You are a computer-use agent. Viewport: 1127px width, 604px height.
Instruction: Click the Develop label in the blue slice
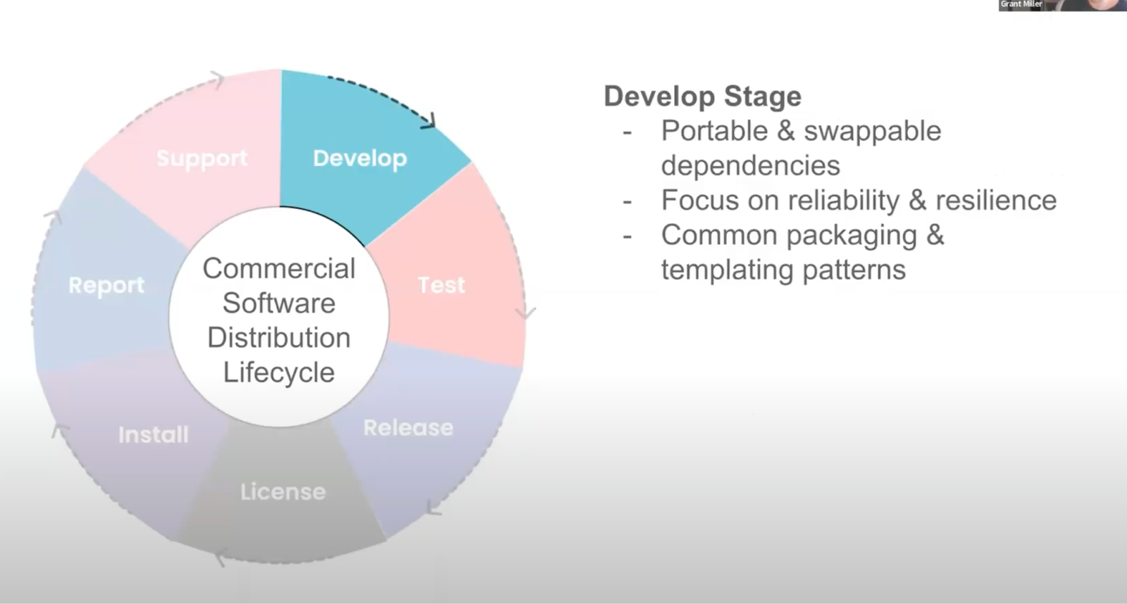pos(359,158)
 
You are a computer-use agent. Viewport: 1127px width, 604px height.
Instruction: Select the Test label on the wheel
pos(442,285)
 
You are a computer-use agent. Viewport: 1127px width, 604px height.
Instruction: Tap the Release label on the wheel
pos(408,427)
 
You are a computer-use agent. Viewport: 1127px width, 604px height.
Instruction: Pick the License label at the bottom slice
pos(282,491)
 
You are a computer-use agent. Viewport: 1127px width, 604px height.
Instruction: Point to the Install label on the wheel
pos(154,434)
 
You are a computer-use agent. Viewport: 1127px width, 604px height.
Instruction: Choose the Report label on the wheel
pos(106,285)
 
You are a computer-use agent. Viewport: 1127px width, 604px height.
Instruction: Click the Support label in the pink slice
pos(201,158)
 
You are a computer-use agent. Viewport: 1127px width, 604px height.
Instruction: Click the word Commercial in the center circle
pos(279,268)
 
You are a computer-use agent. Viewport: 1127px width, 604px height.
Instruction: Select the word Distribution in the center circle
pos(279,337)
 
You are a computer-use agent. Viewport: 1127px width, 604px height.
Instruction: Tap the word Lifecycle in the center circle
pos(279,372)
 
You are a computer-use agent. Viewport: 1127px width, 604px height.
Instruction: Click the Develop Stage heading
pos(702,96)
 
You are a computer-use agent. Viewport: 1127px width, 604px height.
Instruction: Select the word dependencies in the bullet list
pos(750,165)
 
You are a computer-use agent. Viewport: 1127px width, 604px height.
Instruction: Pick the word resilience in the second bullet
pos(996,201)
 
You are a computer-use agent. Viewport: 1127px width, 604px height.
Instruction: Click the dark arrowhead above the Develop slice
pos(428,121)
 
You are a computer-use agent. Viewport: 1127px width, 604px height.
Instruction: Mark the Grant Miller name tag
pos(1021,4)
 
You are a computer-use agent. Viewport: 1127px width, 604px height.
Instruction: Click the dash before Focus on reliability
pos(627,201)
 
